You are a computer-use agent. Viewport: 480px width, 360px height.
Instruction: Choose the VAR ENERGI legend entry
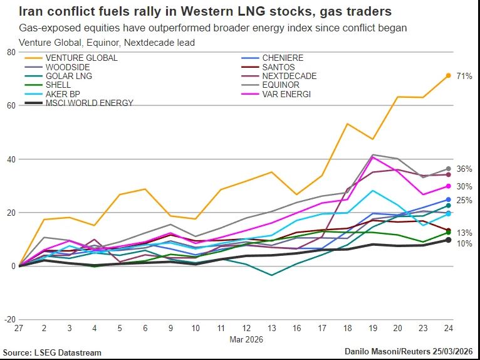coord(287,94)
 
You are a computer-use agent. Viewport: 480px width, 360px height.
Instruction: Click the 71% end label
coord(464,76)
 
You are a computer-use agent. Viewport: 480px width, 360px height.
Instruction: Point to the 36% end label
coord(464,169)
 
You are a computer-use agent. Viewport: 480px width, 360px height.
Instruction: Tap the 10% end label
coord(464,243)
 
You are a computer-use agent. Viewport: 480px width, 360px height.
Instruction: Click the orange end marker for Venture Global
coord(448,75)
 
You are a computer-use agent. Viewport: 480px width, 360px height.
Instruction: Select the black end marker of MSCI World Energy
coord(448,240)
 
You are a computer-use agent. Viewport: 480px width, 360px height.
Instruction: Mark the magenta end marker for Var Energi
coord(448,186)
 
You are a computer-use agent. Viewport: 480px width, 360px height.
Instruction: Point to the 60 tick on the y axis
coord(11,105)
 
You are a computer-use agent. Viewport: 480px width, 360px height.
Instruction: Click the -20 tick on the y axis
coord(9,320)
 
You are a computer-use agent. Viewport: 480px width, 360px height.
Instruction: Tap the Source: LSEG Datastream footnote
coord(52,352)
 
